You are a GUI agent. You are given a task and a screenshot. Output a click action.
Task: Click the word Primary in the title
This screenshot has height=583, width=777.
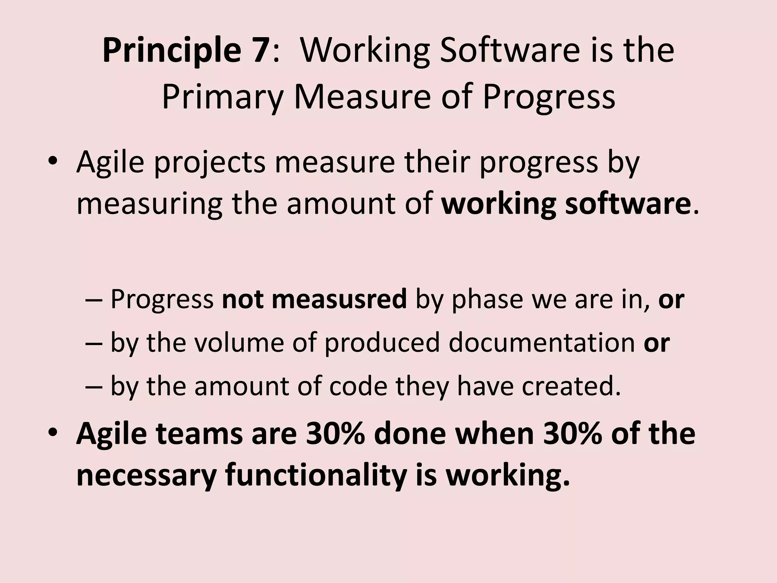222,98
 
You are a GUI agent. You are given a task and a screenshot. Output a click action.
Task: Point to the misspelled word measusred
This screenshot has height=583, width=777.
339,299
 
